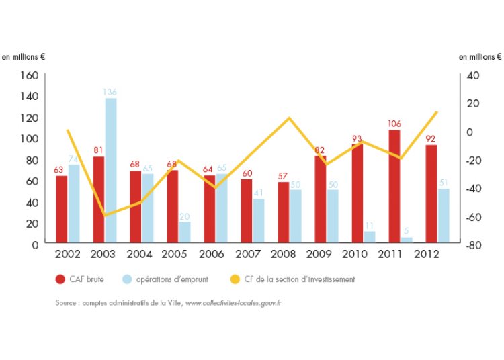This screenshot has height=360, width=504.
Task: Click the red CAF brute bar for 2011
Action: click(x=394, y=186)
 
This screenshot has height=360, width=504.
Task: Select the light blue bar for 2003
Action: click(x=110, y=170)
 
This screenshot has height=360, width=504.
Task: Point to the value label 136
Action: click(x=110, y=92)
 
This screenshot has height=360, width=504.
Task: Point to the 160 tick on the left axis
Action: click(x=28, y=75)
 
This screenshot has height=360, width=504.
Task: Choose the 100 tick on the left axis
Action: click(x=28, y=138)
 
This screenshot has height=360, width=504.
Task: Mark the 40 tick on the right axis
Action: click(x=471, y=75)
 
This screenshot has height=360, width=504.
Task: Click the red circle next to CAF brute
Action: click(x=60, y=279)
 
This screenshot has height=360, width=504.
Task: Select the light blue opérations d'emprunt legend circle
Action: click(x=126, y=279)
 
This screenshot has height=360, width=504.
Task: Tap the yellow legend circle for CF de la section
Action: click(x=235, y=279)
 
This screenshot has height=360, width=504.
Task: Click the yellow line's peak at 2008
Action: click(x=289, y=118)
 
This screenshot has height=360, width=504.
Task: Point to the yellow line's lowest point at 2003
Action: click(x=105, y=215)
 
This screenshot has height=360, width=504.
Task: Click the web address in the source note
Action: click(x=233, y=303)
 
